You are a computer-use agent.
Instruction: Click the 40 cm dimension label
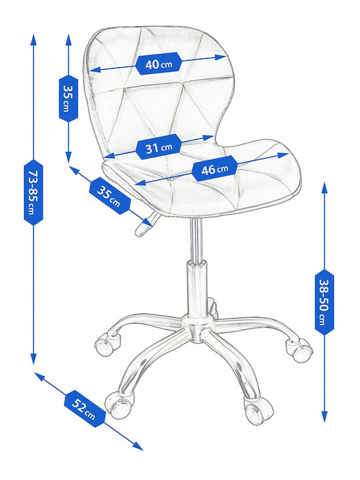pos(159,64)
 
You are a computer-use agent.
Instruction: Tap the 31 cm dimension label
pos(159,147)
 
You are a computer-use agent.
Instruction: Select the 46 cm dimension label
pos(215,169)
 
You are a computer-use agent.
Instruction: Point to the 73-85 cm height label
pos(33,192)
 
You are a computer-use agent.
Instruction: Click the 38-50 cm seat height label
pos(325,303)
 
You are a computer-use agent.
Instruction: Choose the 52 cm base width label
pos(85,409)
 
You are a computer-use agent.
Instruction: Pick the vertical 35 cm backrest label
pos(68,98)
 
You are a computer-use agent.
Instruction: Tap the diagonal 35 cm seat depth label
pos(110,195)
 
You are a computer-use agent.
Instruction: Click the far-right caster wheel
pos(299,349)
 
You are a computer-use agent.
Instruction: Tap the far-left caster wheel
pos(106,345)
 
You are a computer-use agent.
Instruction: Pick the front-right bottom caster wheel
pos(257,409)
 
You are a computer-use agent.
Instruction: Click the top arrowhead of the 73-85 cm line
pos(33,40)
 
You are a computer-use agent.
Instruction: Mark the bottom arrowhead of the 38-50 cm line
pos(325,417)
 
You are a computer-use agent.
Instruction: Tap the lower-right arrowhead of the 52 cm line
pos(138,447)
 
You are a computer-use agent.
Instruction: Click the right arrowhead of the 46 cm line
pos(283,155)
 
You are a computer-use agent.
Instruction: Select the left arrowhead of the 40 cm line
pos(95,70)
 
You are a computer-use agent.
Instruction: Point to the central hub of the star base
pos(197,329)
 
